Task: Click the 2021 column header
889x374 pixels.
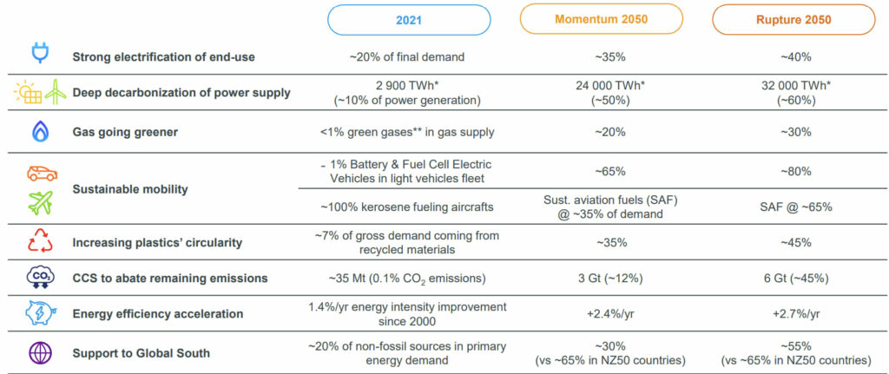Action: [x=410, y=20]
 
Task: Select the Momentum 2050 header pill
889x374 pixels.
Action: [x=603, y=20]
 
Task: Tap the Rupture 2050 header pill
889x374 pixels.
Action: [x=793, y=20]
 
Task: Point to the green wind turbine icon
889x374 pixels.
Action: [x=54, y=91]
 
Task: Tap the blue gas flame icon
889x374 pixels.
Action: [x=40, y=131]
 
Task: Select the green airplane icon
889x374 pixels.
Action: [x=40, y=203]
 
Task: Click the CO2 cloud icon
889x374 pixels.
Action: [x=40, y=278]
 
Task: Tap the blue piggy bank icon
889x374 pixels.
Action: [x=40, y=313]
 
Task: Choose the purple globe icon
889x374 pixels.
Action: [x=40, y=352]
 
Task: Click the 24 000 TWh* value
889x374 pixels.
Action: [x=603, y=85]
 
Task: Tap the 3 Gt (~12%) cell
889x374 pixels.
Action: [x=603, y=279]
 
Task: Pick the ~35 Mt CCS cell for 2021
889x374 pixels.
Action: [x=410, y=279]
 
